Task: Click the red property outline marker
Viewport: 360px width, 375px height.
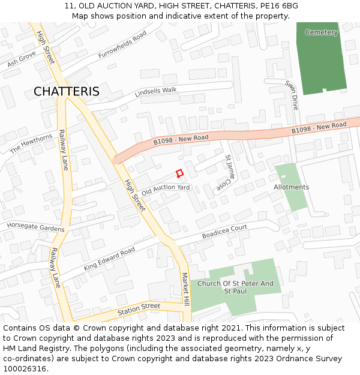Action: [x=179, y=173]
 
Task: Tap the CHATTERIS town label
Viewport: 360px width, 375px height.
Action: [x=67, y=92]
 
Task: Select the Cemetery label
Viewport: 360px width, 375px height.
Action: [x=322, y=32]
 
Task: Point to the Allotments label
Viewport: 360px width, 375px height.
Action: [x=292, y=187]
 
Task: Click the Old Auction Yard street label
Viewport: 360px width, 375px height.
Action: [x=166, y=190]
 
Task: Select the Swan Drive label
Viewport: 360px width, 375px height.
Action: [x=292, y=95]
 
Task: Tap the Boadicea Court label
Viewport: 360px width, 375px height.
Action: [x=224, y=232]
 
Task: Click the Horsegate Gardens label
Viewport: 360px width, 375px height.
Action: [x=35, y=227]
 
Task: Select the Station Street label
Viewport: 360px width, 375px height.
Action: [x=139, y=308]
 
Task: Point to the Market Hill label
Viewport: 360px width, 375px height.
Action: [x=185, y=290]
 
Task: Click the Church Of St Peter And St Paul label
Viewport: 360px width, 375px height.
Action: [x=235, y=287]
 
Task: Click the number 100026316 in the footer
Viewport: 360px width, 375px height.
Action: [x=25, y=369]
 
